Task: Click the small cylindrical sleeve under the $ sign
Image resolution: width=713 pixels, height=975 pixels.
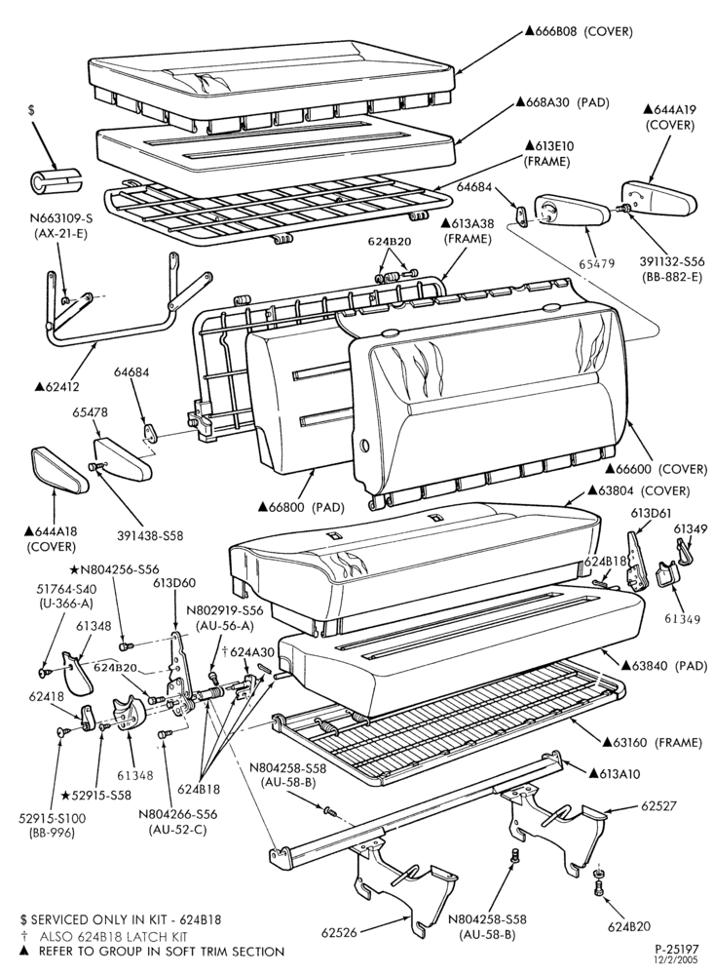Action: (56, 180)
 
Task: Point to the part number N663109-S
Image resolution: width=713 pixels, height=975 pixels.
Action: (60, 218)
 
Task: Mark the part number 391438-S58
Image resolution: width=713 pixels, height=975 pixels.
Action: (150, 534)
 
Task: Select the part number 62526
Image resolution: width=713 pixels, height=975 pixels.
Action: (339, 932)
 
